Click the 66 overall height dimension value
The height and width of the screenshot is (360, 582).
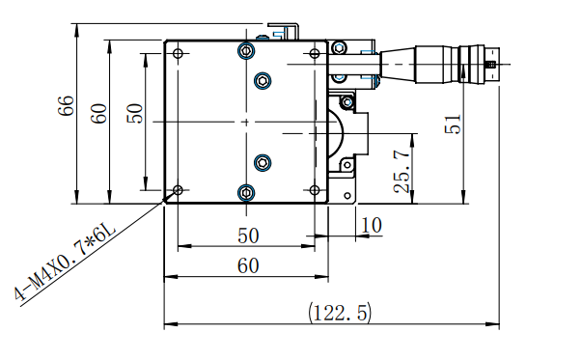(66, 106)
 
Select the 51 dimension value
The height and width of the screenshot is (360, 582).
(453, 124)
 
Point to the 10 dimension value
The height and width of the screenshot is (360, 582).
(372, 225)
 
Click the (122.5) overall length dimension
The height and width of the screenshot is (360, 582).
(340, 313)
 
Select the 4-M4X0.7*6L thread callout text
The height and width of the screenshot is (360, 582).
(66, 262)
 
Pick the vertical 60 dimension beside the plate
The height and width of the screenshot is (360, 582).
(98, 114)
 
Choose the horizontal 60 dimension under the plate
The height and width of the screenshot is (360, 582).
(248, 265)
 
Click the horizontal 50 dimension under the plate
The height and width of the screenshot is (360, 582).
(248, 235)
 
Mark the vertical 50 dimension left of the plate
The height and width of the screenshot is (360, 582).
(135, 113)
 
